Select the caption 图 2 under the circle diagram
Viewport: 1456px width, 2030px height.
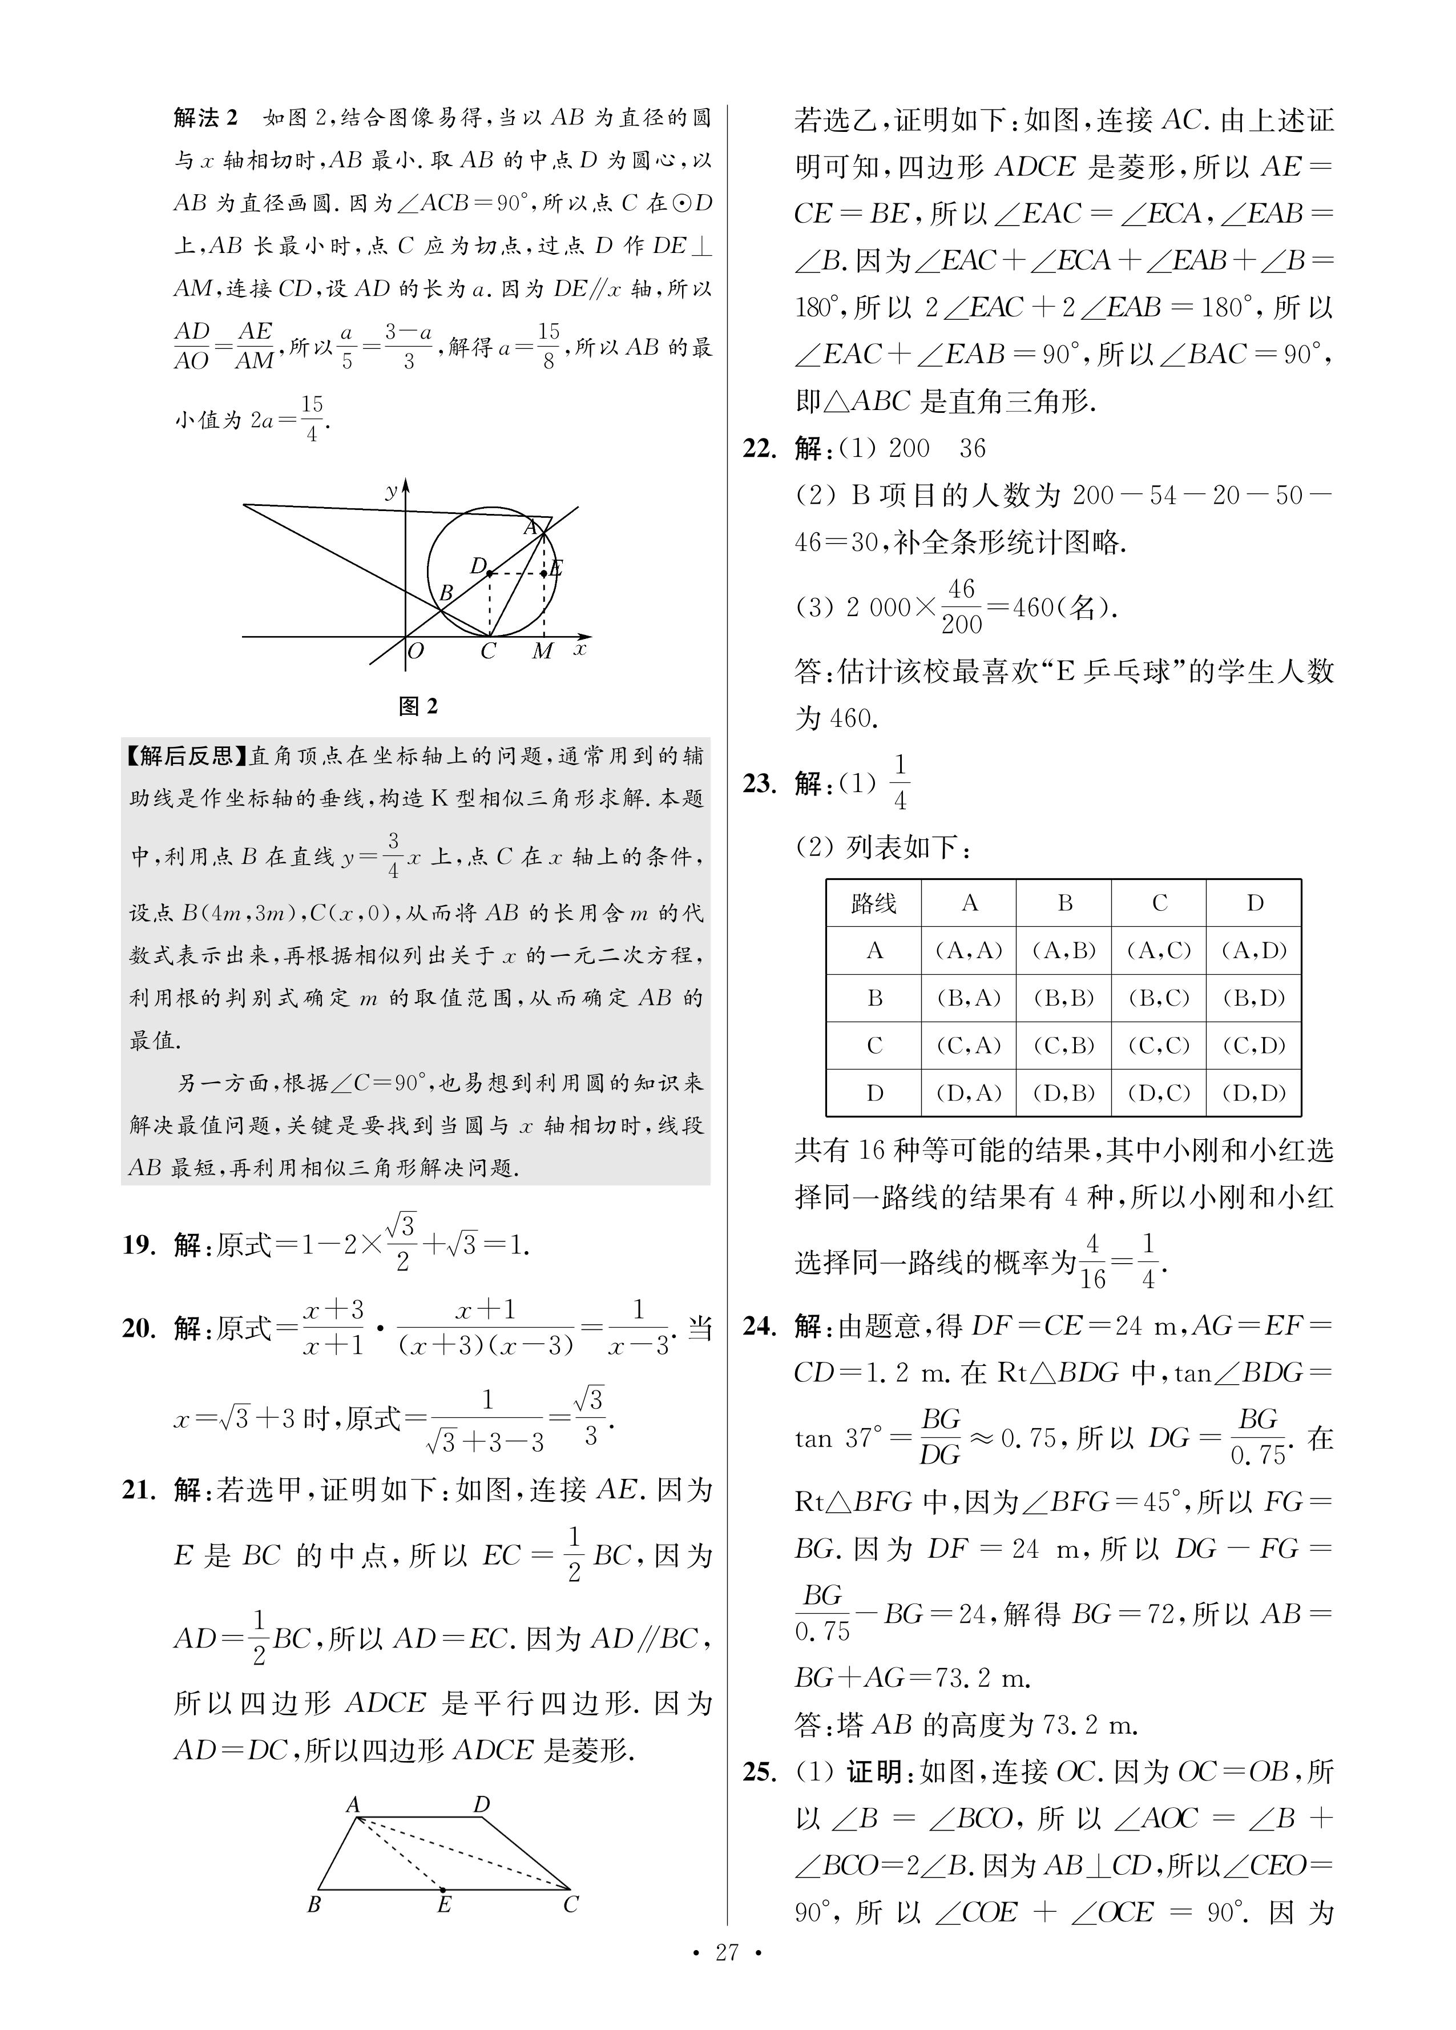[x=418, y=706]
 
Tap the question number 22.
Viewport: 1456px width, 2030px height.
[x=760, y=448]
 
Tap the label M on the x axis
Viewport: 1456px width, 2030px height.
[x=542, y=652]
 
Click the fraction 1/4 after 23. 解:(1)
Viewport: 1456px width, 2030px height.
[x=900, y=782]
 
